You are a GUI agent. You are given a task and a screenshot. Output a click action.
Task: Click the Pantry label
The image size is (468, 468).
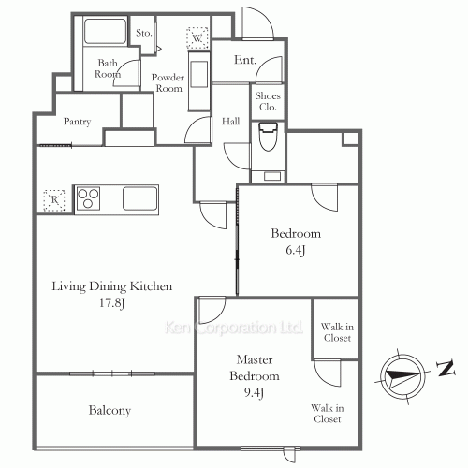77,122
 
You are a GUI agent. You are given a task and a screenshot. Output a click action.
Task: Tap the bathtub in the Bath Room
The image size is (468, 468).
105,31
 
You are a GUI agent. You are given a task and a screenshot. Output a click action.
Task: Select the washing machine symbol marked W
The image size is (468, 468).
197,38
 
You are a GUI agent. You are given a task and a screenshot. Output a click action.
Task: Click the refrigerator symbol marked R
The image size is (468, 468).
54,200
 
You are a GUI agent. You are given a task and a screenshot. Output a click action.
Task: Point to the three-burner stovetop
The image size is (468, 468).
88,198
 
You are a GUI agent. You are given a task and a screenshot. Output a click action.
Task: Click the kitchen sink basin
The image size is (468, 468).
139,198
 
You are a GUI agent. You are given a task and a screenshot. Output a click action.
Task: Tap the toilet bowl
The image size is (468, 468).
269,137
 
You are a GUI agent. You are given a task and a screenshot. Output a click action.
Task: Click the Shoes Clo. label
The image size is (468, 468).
268,101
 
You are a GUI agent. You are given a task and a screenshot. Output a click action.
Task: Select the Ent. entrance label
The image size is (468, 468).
245,60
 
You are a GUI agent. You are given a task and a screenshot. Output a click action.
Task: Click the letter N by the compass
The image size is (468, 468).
446,368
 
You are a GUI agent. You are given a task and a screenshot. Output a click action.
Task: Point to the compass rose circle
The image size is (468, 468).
403,376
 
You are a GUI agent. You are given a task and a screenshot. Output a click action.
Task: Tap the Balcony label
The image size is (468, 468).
110,411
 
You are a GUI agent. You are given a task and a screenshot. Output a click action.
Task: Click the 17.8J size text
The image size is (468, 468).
112,302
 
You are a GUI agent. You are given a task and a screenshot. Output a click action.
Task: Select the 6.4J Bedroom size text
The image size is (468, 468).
295,250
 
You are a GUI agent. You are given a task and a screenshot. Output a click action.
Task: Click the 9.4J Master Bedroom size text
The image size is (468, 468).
254,392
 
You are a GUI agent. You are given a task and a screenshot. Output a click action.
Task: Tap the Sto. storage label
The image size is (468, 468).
144,33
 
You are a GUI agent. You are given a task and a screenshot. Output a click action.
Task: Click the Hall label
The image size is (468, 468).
231,121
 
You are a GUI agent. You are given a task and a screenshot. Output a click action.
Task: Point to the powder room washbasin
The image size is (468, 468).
199,75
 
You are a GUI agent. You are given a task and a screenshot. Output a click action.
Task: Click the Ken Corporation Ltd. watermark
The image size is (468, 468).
234,328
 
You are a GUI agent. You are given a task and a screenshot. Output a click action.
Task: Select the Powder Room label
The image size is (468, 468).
168,83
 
